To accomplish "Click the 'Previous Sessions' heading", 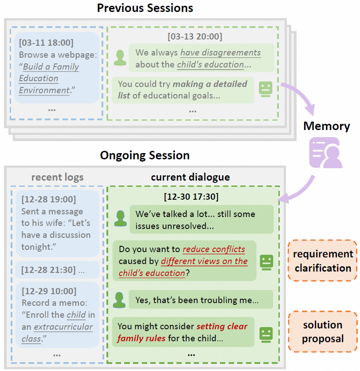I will pos(145,8).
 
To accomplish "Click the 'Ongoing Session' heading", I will pos(145,155).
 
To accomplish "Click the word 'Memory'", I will pos(326,126).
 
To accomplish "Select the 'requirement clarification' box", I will pos(322,261).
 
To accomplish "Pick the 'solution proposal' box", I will pos(322,332).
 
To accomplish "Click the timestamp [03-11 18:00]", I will pos(46,43).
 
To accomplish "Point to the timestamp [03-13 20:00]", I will pos(195,36).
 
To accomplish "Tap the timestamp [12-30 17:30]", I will pos(191,196).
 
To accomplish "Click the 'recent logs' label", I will pos(57,178).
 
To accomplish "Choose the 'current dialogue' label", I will pos(190,178).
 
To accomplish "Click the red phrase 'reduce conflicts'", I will pos(214,249).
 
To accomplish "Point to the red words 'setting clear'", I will pos(222,327).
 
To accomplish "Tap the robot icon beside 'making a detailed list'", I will pos(265,89).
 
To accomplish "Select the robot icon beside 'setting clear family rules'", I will pos(266,333).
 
